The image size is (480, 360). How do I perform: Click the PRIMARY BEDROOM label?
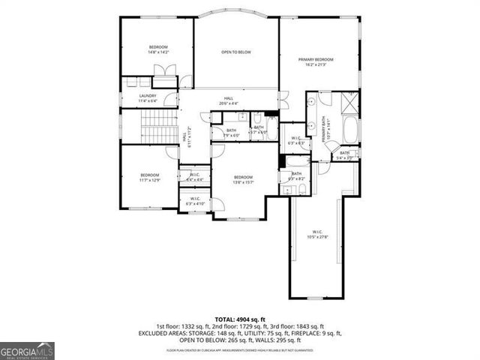click(315, 62)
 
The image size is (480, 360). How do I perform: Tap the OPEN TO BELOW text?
click(235, 52)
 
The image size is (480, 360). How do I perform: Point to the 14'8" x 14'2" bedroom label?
click(157, 49)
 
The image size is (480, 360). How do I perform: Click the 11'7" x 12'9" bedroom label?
click(149, 178)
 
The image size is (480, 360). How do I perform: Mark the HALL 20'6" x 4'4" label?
click(229, 100)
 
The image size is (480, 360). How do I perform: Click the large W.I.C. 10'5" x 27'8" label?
click(319, 235)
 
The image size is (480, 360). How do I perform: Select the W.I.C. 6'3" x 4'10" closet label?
click(195, 201)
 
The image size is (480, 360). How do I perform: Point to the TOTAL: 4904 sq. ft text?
click(239, 319)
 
